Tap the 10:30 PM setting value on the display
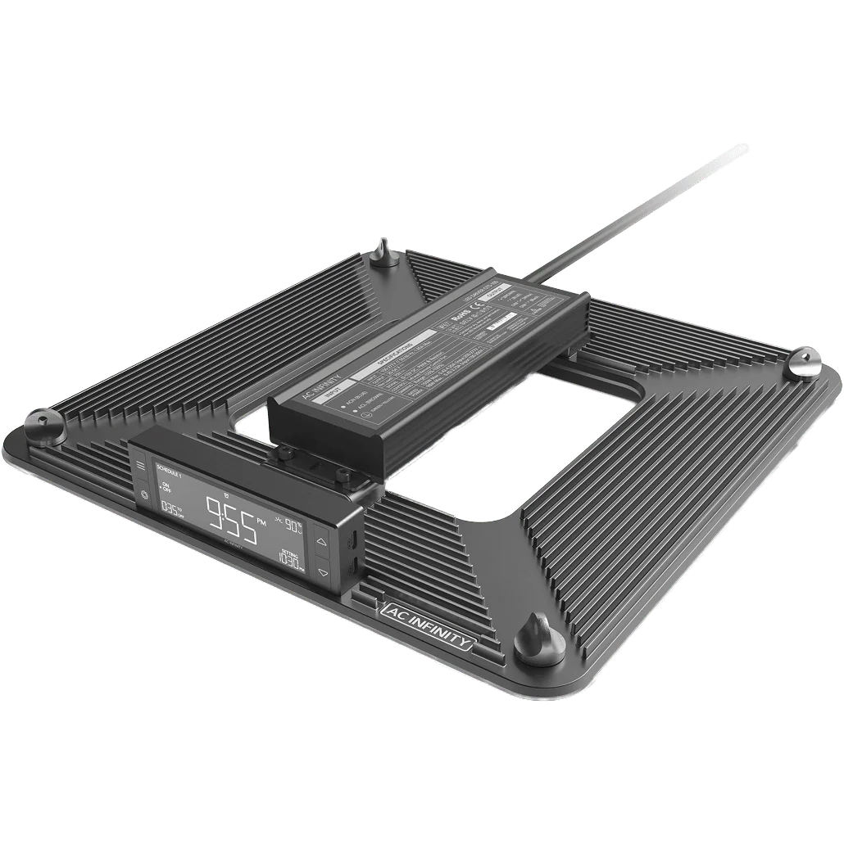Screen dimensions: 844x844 point(289,562)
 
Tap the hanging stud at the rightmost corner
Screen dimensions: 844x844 point(802,362)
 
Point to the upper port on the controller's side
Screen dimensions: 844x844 point(351,541)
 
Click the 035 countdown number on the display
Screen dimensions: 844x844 point(170,508)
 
